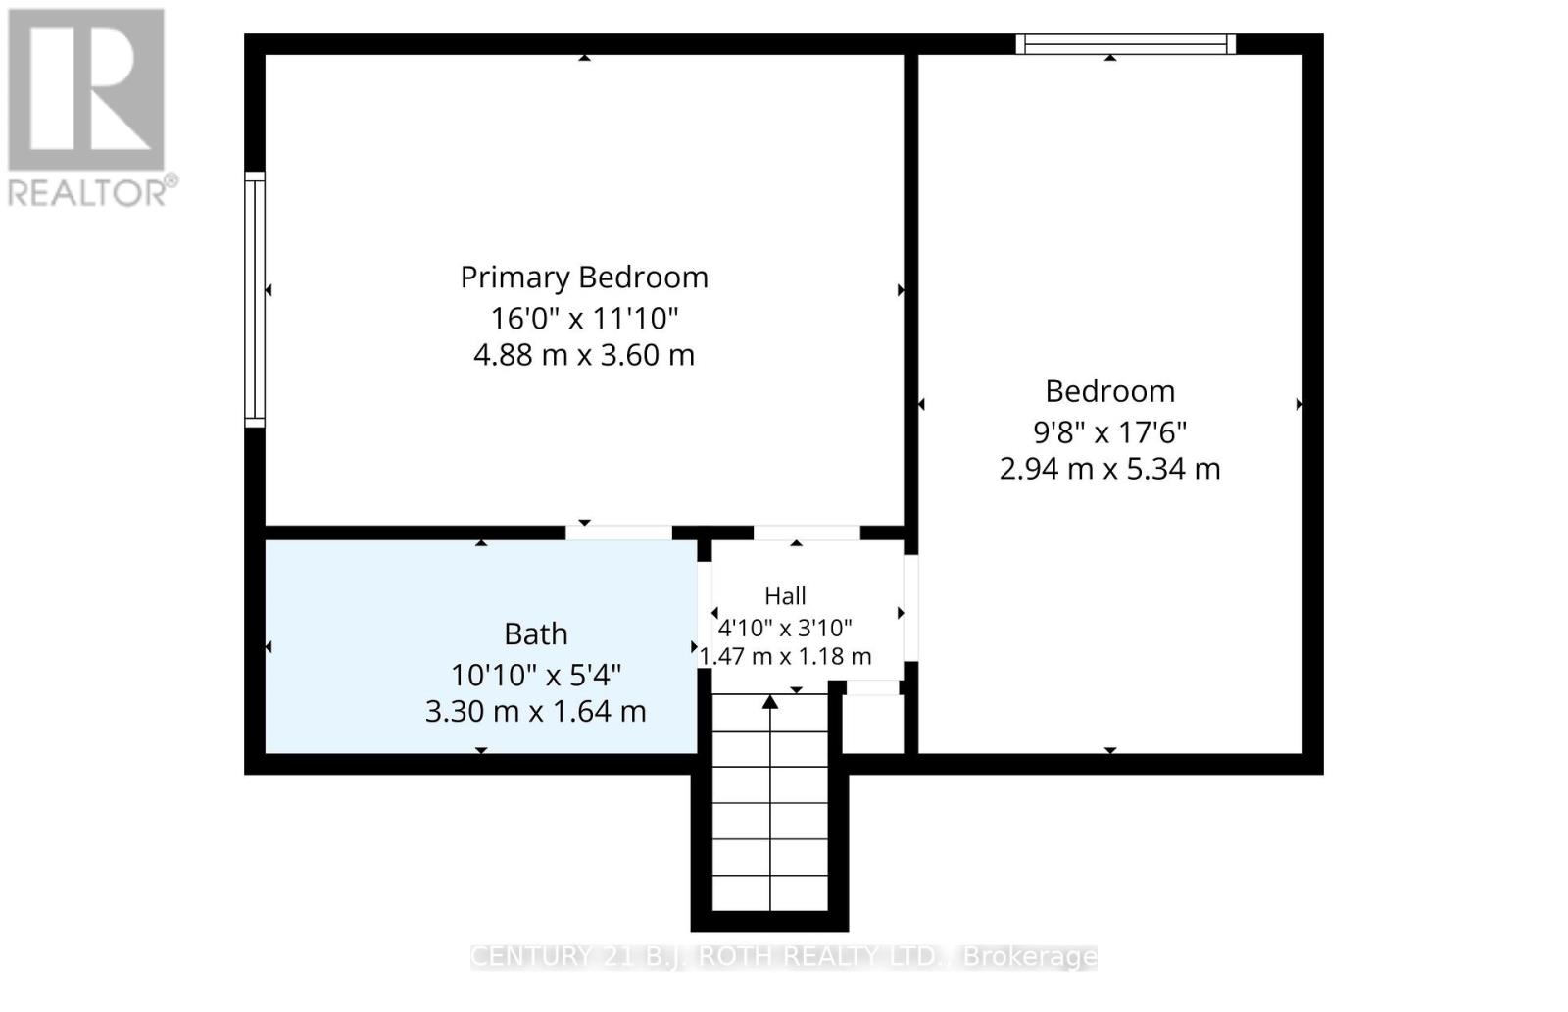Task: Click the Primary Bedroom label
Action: [x=584, y=278]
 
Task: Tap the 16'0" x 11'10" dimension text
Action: [x=584, y=319]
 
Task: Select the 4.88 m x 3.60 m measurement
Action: [x=584, y=355]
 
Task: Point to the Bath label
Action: [x=535, y=633]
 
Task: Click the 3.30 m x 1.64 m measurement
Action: [x=535, y=712]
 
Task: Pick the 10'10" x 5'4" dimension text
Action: [x=535, y=676]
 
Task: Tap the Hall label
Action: [x=785, y=596]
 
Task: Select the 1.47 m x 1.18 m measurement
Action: [x=785, y=656]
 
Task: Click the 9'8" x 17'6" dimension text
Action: [x=1110, y=432]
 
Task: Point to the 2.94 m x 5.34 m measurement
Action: [x=1110, y=469]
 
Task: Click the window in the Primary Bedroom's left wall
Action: [x=255, y=300]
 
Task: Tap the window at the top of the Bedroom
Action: [x=1126, y=44]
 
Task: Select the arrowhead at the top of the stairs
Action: [x=770, y=702]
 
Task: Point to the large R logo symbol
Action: [x=86, y=89]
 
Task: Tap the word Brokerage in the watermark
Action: [x=1030, y=957]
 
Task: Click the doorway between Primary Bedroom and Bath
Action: [x=618, y=532]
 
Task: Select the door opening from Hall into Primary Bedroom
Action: [x=808, y=532]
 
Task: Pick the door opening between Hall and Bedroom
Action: [x=910, y=608]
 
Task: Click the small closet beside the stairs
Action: [x=873, y=724]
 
